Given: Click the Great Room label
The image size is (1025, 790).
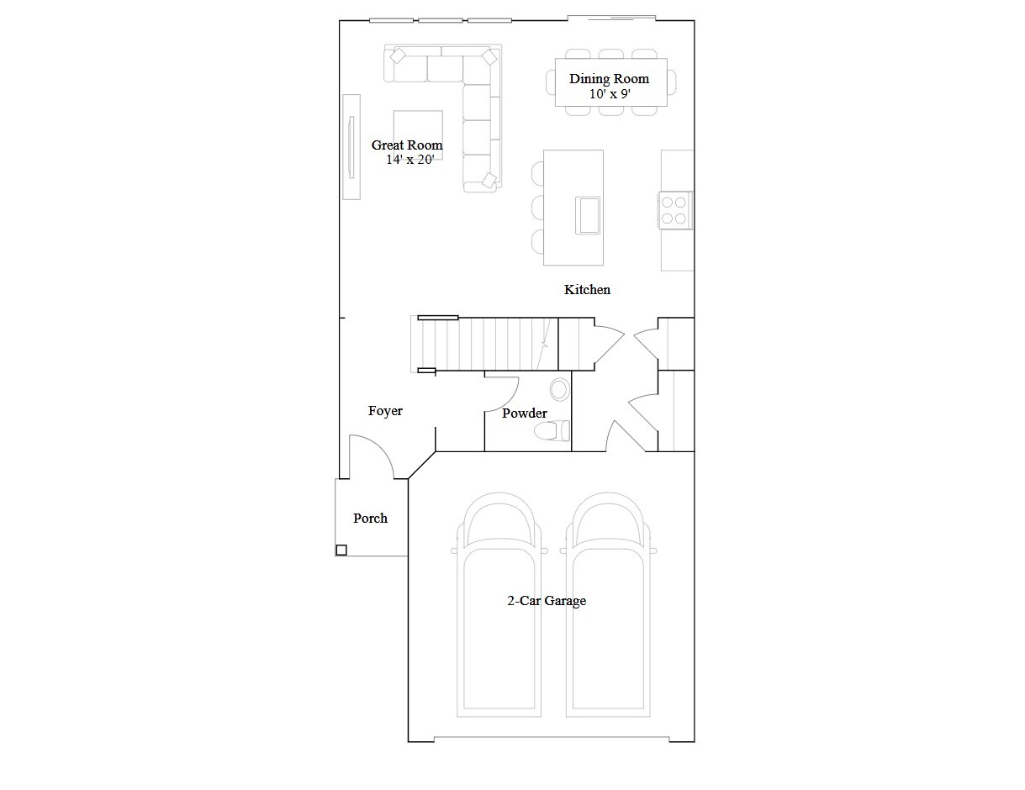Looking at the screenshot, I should click(407, 145).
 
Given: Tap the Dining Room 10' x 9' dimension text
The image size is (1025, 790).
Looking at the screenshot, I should click(610, 94).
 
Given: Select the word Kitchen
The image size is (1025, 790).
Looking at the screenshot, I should click(587, 289).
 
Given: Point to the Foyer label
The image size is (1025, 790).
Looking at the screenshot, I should click(385, 410).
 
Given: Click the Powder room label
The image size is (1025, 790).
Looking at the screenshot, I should click(525, 413).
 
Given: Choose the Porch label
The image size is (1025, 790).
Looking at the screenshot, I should click(370, 518).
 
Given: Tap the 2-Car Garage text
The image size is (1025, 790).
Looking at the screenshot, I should click(546, 600).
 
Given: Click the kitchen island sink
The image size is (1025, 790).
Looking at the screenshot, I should click(587, 214).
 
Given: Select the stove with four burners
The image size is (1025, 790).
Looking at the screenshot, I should click(675, 209).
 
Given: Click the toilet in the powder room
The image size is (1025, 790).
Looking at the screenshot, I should click(550, 431).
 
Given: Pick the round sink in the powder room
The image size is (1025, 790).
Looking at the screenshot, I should click(560, 389).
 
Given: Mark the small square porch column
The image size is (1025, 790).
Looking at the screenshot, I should click(341, 550).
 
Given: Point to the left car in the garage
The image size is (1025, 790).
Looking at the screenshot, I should click(499, 605).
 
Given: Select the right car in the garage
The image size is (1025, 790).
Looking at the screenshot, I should click(608, 605).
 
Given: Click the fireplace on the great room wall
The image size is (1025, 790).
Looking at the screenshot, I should click(351, 146).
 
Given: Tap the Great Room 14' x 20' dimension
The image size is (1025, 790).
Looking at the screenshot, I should click(409, 160).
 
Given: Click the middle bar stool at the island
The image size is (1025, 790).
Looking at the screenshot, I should click(539, 208).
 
